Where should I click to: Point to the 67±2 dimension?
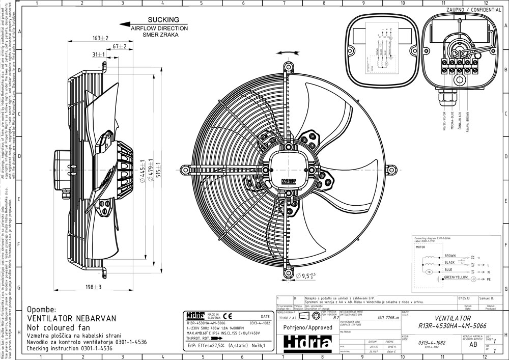(x=119, y=46)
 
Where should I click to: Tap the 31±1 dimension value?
(x=98, y=54)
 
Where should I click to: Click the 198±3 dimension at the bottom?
(x=94, y=287)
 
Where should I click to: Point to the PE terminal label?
(x=489, y=280)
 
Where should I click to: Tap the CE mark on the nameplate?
(x=230, y=316)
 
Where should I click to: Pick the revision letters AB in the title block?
(x=473, y=344)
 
